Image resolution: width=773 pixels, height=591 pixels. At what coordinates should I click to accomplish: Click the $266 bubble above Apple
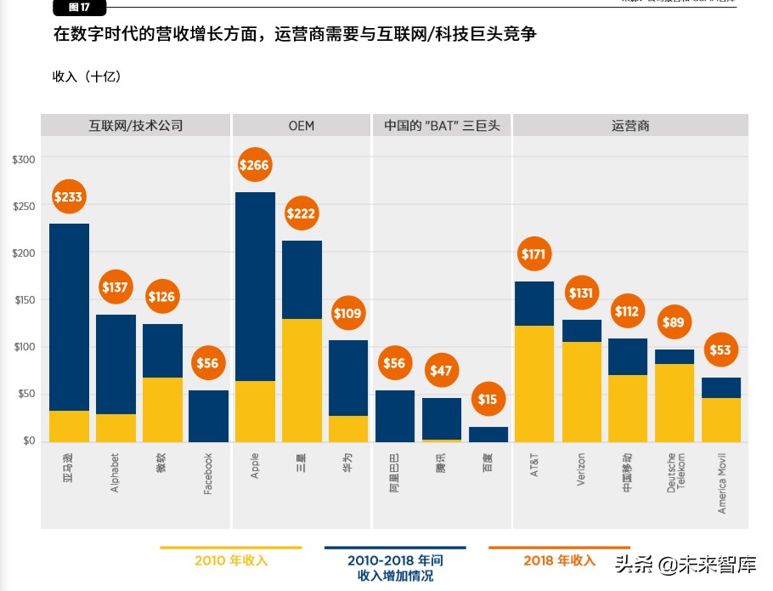[255, 165]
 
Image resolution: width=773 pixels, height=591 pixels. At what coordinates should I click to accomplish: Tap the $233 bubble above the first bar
[69, 197]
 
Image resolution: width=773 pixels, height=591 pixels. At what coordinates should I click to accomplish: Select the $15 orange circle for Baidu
[488, 400]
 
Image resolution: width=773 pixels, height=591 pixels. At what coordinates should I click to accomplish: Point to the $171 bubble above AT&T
[535, 253]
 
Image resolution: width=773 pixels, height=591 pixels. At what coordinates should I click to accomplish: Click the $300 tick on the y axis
[23, 160]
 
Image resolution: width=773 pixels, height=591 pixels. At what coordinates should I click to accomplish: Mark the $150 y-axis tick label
[23, 300]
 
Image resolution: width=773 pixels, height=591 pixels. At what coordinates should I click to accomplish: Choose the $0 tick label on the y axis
[27, 440]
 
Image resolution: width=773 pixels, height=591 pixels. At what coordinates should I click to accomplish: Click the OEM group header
[301, 126]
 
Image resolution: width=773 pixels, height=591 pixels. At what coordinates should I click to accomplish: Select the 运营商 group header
[630, 126]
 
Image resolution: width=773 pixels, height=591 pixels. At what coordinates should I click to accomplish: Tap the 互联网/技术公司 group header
[136, 126]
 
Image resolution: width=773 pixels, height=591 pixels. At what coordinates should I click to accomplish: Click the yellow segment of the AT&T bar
[534, 383]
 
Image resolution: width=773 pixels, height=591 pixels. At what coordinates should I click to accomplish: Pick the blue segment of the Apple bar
[255, 287]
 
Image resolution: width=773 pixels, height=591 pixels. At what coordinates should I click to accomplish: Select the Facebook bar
[208, 416]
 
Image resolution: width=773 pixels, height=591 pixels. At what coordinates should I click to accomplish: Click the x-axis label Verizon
[581, 469]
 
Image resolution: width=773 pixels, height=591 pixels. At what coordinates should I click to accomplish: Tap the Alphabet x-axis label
[116, 472]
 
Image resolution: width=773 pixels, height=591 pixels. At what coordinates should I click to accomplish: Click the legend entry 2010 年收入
[231, 560]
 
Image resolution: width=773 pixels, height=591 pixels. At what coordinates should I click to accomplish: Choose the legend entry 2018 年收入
[558, 560]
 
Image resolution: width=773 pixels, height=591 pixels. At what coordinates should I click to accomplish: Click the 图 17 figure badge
[80, 8]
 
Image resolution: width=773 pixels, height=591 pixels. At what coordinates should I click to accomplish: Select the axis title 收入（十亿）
[87, 77]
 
